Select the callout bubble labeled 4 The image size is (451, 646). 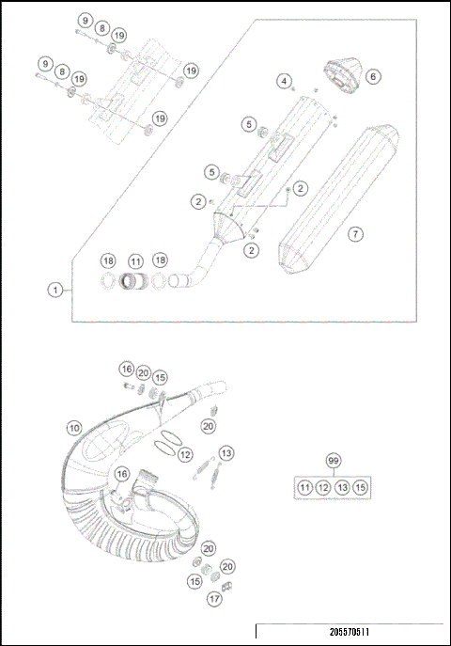point(283,82)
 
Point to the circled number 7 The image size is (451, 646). point(354,232)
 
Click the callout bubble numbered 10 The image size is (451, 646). point(73,426)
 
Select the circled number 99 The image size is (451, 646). point(333,461)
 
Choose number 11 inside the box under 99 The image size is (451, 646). point(304,487)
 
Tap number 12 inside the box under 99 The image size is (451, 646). point(323,487)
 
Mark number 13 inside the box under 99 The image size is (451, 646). point(342,487)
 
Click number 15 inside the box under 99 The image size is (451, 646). point(361,487)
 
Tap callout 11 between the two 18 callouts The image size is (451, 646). point(135,260)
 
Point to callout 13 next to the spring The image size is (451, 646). point(226,452)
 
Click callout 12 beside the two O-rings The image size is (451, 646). point(185,455)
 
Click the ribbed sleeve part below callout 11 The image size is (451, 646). point(136,279)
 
